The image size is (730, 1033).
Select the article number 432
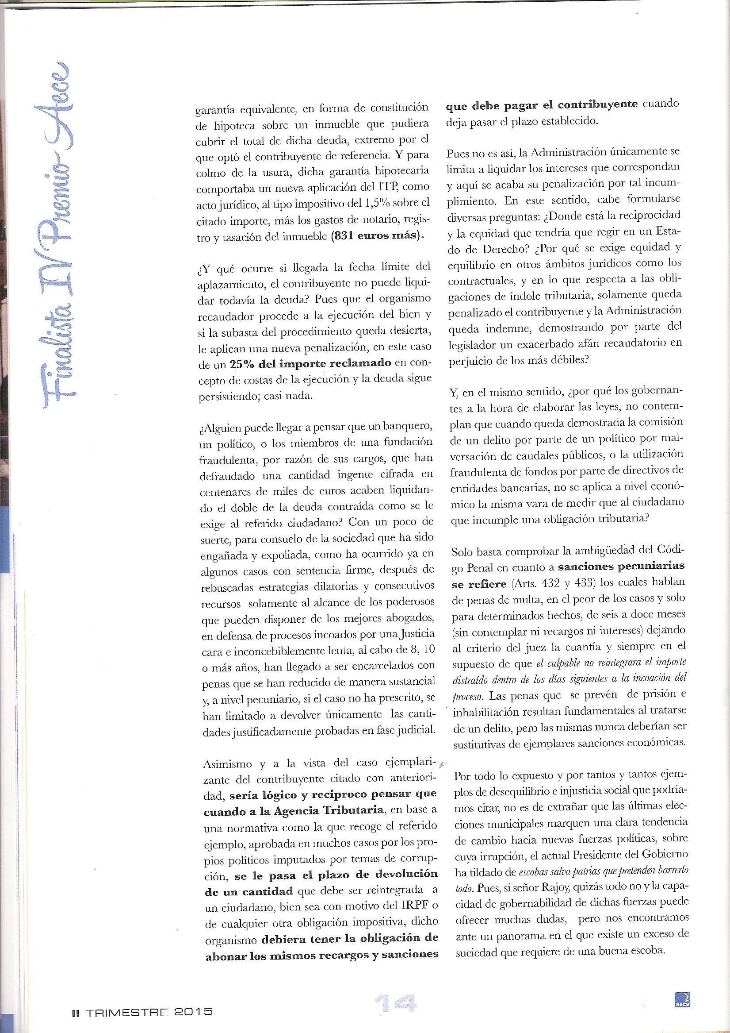point(544,582)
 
